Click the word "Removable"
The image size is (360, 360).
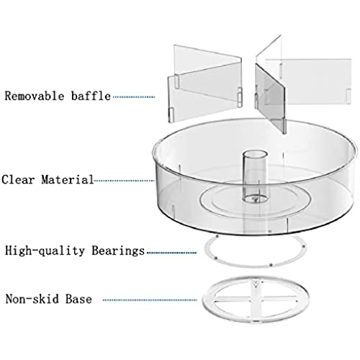(35, 96)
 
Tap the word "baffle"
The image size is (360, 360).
(91, 96)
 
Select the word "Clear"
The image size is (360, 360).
(18, 179)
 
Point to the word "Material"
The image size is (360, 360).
(68, 179)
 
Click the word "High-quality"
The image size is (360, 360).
(45, 251)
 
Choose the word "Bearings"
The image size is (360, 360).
(118, 251)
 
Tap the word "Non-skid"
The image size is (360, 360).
(32, 299)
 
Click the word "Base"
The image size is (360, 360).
(78, 299)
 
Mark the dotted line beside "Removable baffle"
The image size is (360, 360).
(134, 97)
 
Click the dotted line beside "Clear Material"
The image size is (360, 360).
(124, 181)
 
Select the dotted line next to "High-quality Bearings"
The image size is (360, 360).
(171, 253)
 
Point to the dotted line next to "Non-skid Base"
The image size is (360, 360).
(150, 300)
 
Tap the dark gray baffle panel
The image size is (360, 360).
(271, 99)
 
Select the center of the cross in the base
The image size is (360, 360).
(256, 301)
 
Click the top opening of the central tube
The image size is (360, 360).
(255, 154)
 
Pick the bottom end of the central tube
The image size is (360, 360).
(255, 199)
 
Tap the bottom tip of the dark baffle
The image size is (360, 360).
(284, 133)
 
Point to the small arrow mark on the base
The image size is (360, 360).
(256, 284)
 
